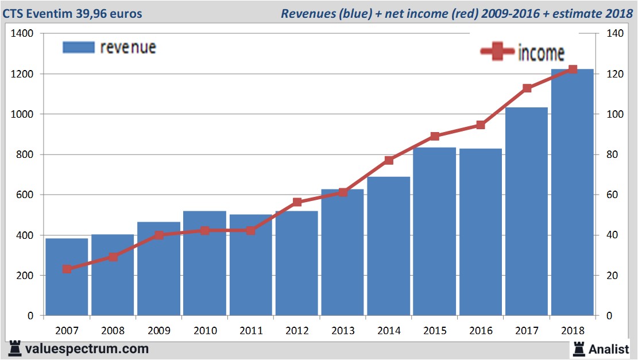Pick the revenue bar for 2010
coord(204,264)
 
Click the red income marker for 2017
coord(527,88)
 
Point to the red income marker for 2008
coord(113,257)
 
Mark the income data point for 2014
coord(389,160)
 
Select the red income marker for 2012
coord(297,202)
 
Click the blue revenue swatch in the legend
coord(78,47)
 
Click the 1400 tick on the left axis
coord(22,34)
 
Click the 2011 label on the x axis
coord(251,331)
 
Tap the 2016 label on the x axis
coord(481,331)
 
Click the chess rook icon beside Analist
coord(579,348)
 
